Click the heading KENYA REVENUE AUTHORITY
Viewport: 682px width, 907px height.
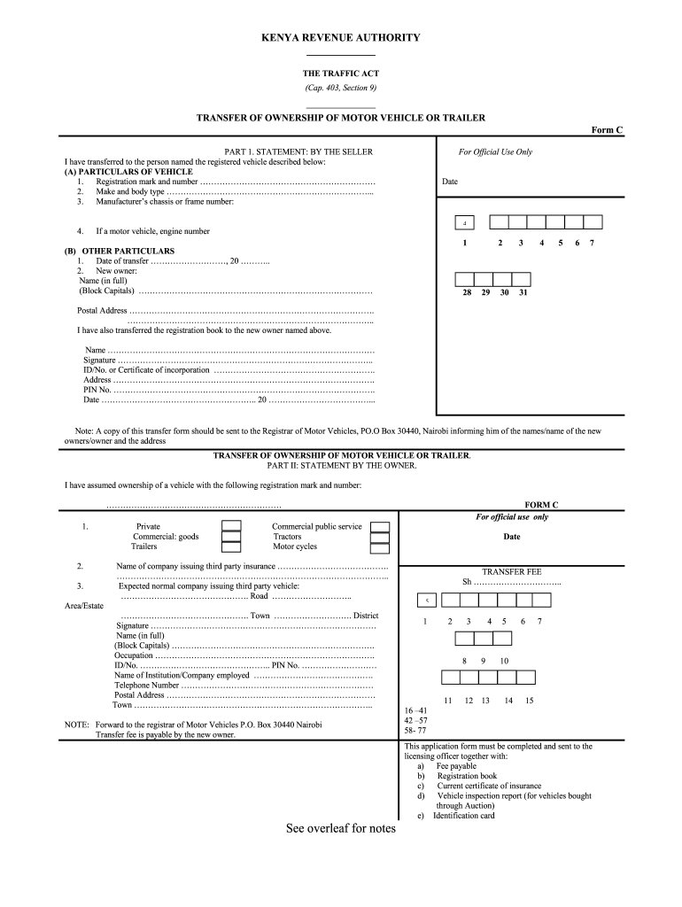click(x=340, y=38)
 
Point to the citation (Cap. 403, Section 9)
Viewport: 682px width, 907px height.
click(x=340, y=89)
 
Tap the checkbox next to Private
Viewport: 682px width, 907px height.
click(x=231, y=526)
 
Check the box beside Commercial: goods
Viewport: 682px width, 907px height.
click(x=231, y=537)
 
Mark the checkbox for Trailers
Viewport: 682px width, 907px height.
click(x=231, y=547)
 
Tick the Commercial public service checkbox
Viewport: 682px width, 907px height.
click(x=380, y=527)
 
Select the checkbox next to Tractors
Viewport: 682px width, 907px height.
click(x=380, y=538)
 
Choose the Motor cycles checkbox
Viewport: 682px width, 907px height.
click(x=380, y=548)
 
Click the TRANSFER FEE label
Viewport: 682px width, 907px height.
click(x=511, y=572)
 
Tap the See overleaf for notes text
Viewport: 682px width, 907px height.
click(x=341, y=829)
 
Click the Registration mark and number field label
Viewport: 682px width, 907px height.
click(x=146, y=182)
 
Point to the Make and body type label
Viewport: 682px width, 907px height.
click(x=130, y=191)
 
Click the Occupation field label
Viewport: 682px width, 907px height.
click(x=134, y=655)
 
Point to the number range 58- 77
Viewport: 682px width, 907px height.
click(x=415, y=731)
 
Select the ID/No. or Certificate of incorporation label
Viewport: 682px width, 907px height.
click(x=146, y=370)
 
